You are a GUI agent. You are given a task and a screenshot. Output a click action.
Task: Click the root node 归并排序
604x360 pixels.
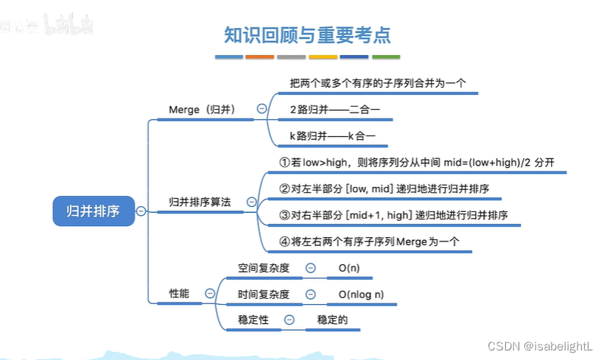93,211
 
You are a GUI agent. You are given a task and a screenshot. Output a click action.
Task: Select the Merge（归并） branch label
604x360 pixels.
202,110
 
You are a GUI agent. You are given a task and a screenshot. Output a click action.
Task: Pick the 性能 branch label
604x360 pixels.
179,293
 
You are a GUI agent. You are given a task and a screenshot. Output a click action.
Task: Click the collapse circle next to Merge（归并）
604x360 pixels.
261,108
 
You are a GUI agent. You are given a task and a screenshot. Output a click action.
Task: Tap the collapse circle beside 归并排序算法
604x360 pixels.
251,201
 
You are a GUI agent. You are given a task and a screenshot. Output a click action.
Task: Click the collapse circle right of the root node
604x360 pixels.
141,211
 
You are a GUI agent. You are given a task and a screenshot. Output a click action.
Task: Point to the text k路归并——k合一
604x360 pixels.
333,136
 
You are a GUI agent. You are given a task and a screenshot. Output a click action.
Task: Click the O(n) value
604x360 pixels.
349,269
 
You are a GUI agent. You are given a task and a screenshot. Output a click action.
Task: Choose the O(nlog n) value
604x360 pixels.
361,294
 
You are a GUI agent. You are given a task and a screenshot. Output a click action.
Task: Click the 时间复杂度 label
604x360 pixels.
263,294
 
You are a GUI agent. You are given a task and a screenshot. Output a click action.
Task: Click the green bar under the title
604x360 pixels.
385,57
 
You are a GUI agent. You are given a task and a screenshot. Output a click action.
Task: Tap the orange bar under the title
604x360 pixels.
259,57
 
